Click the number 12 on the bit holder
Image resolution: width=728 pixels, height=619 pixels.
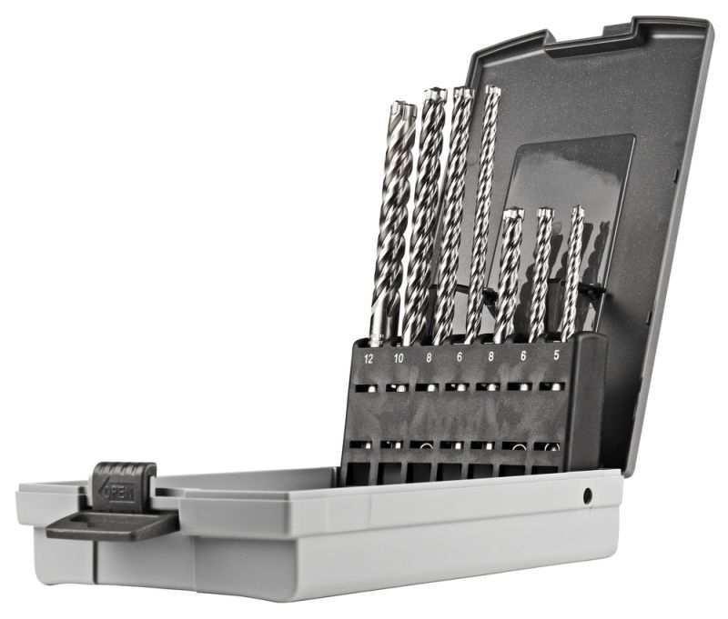369,359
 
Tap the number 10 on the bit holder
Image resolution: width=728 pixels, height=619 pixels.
399,359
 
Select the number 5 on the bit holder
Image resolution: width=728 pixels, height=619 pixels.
556,357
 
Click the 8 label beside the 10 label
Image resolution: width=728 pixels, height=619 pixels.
429,359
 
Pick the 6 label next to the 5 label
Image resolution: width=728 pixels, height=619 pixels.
524,358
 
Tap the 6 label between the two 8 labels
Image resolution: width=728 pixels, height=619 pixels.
460,359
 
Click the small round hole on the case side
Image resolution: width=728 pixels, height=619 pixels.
588,495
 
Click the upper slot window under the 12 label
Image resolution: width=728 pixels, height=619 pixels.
369,388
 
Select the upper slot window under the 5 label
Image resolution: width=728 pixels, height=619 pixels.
551,385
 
